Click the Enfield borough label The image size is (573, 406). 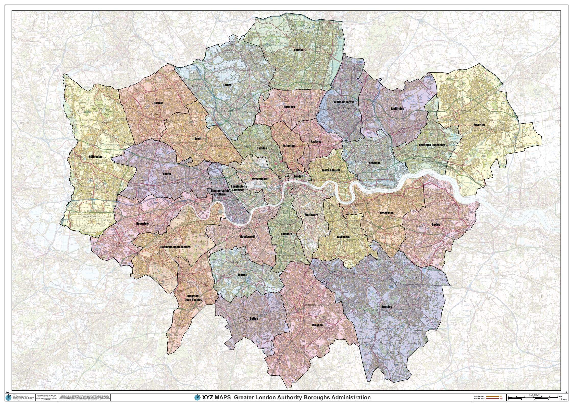tap(298, 50)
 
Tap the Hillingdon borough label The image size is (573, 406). tap(95, 157)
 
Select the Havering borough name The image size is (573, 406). tap(479, 125)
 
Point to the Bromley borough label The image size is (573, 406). tap(387, 307)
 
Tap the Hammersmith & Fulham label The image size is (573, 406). tap(218, 192)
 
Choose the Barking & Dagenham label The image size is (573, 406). tap(432, 145)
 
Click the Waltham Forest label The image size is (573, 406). tap(344, 102)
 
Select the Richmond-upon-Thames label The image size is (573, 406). tap(175, 247)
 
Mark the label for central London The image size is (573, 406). tap(298, 176)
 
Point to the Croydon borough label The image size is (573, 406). tap(317, 325)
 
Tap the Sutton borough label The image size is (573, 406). tap(254, 318)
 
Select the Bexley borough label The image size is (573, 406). tap(436, 224)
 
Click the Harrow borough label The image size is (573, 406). tap(158, 103)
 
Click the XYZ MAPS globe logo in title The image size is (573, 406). tap(197, 398)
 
